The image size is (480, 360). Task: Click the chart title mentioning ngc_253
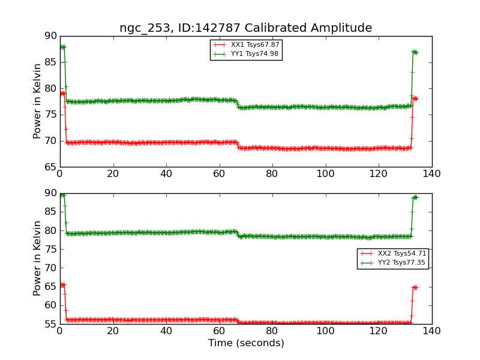tap(245, 28)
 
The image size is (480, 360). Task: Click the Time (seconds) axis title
tap(246, 343)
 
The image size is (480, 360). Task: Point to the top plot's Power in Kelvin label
tap(37, 101)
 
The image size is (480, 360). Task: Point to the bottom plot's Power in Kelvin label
tap(37, 258)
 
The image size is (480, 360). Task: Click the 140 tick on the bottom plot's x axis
tap(431, 331)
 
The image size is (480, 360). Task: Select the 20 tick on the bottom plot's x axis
tap(113, 331)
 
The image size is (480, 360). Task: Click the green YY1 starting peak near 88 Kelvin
tap(62, 47)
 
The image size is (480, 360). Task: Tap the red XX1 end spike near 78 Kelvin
tap(415, 98)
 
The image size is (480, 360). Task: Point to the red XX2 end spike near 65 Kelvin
tap(415, 287)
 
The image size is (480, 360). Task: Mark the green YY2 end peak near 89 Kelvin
tap(415, 197)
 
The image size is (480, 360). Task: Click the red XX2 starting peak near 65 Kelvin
tap(62, 284)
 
